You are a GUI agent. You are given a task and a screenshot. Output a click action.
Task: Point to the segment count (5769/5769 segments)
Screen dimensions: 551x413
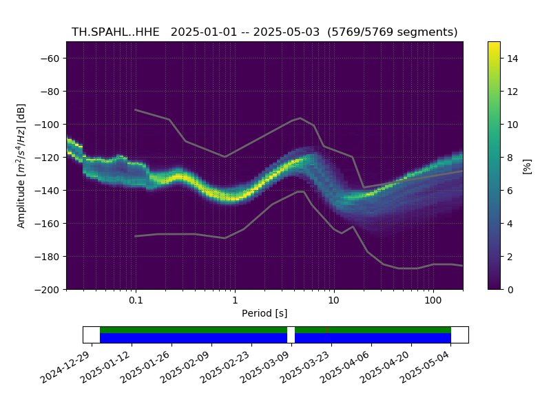click(393, 32)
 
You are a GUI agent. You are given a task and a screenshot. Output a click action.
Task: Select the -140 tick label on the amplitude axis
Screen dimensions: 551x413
click(47, 191)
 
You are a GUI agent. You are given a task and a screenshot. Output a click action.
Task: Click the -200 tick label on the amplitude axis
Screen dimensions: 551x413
click(47, 290)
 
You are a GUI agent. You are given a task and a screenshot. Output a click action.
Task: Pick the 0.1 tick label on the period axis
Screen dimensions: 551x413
click(136, 300)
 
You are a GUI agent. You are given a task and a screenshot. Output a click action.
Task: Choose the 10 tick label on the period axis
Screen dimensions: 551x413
click(334, 300)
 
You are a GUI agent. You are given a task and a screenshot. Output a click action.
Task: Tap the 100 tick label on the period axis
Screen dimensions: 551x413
click(433, 300)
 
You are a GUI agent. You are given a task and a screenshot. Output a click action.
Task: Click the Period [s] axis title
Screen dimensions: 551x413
click(264, 313)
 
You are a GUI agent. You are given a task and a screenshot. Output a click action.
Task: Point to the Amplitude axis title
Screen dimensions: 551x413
click(21, 166)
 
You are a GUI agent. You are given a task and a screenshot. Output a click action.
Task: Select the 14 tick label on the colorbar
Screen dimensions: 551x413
click(512, 59)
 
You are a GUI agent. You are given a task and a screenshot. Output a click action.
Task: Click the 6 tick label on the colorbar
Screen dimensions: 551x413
click(510, 191)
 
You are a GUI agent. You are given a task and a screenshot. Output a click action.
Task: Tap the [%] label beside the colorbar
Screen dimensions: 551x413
click(527, 166)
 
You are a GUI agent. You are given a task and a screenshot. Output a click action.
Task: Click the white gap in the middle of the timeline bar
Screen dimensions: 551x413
click(291, 335)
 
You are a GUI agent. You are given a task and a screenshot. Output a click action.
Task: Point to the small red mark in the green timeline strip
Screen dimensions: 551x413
click(328, 330)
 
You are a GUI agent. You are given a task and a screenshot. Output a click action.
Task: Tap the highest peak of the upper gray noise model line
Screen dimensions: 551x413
click(300, 118)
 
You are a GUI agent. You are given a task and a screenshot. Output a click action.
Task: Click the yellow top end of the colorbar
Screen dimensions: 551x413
click(494, 43)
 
